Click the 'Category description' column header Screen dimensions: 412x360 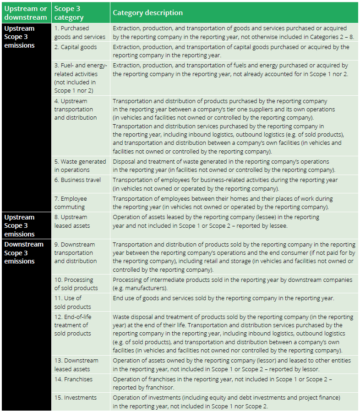(147, 13)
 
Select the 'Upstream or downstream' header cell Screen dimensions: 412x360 (26, 13)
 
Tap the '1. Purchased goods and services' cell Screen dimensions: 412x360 (80, 33)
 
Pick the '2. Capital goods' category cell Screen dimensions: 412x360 (76, 47)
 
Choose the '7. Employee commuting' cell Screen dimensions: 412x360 (71, 203)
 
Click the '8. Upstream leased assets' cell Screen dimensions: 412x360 (72, 221)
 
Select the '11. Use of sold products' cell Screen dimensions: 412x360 (72, 302)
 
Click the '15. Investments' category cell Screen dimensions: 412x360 (76, 397)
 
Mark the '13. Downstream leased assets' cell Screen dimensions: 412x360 (76, 365)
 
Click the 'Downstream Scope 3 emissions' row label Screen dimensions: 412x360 (24, 253)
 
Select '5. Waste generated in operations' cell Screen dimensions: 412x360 (80, 165)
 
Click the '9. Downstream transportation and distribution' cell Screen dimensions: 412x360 (76, 253)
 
